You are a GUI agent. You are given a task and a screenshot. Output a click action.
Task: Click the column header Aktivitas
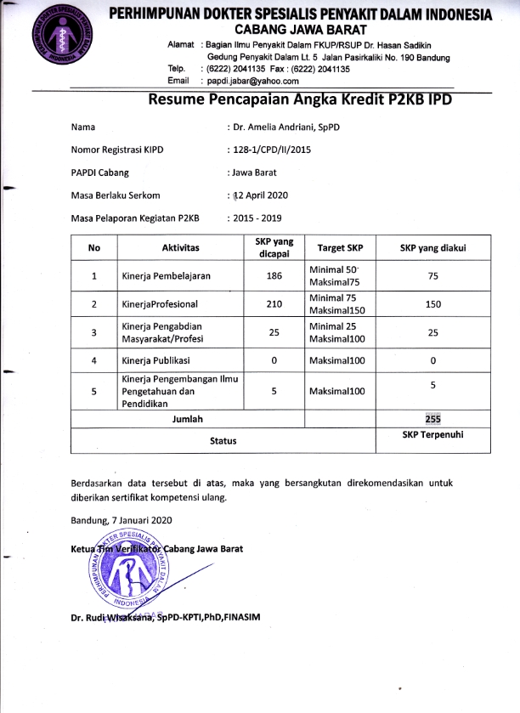[180, 247]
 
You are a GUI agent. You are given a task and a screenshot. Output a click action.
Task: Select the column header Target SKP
[340, 248]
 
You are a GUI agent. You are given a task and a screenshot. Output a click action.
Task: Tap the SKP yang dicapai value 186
[274, 276]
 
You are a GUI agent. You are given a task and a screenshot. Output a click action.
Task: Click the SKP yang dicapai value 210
[274, 304]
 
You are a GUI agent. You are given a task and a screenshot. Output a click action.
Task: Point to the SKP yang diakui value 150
[433, 304]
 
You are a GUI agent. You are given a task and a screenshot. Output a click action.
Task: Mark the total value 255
[433, 419]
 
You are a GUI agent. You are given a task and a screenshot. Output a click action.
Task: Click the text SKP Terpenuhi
[433, 435]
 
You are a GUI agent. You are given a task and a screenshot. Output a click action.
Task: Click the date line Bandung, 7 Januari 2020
[122, 519]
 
